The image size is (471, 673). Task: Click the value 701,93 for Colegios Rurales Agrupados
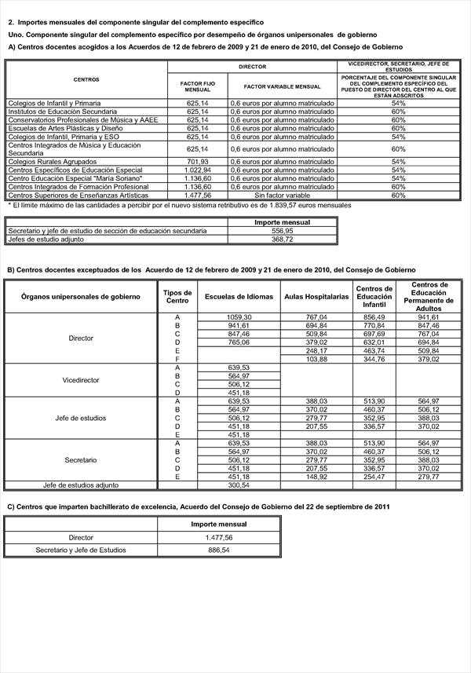pyautogui.click(x=197, y=161)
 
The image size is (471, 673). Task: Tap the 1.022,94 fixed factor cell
pyautogui.click(x=197, y=170)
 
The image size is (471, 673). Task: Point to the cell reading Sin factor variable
pyautogui.click(x=281, y=195)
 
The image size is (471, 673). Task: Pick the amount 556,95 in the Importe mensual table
pyautogui.click(x=282, y=231)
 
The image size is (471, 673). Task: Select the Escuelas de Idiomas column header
pyautogui.click(x=239, y=297)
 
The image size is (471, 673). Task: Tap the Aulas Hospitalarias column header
pyautogui.click(x=316, y=297)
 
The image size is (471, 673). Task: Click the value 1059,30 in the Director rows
pyautogui.click(x=238, y=316)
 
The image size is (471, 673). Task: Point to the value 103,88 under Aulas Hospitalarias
pyautogui.click(x=316, y=359)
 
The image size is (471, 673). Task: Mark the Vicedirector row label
pyautogui.click(x=82, y=380)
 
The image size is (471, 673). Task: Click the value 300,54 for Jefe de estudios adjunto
pyautogui.click(x=238, y=485)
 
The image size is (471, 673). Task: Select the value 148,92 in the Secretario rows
pyautogui.click(x=316, y=476)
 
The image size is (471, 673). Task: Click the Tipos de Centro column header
pyautogui.click(x=177, y=297)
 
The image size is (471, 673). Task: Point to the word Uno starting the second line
pyautogui.click(x=15, y=36)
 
